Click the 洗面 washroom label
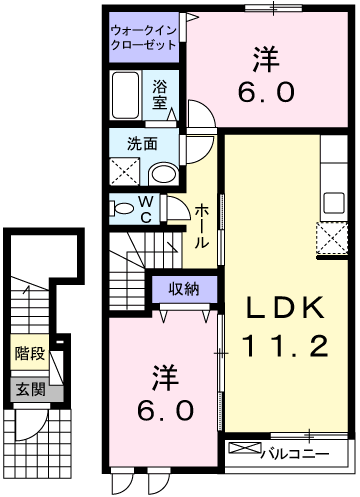pyautogui.click(x=141, y=143)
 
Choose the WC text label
pyautogui.click(x=146, y=209)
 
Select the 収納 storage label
pyautogui.click(x=183, y=289)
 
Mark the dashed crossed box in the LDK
pyautogui.click(x=330, y=238)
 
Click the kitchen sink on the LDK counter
pyautogui.click(x=331, y=200)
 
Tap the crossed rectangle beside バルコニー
pyautogui.click(x=242, y=452)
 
